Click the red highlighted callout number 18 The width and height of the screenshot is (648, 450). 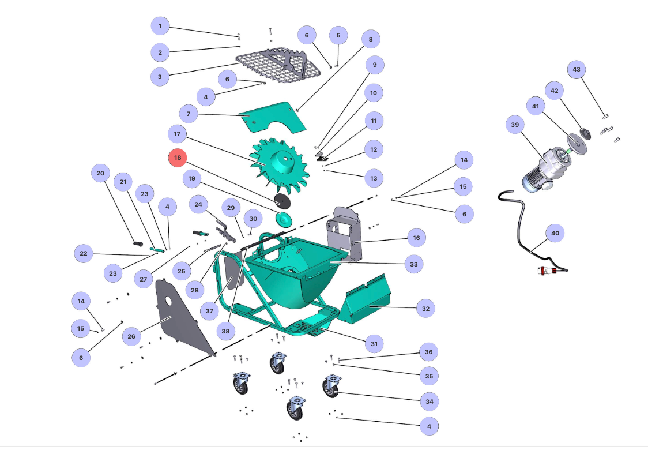178,157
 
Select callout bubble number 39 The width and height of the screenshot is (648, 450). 514,124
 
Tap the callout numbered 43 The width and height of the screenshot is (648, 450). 576,70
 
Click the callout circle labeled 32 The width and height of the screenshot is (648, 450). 425,309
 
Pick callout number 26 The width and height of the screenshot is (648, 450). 131,336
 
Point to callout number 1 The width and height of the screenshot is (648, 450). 160,26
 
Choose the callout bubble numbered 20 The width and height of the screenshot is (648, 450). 101,173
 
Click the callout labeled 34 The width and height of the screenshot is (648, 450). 428,401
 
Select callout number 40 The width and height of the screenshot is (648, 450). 555,234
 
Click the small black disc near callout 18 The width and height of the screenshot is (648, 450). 282,200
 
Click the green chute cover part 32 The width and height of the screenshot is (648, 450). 366,300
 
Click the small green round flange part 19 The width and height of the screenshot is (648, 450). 283,219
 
